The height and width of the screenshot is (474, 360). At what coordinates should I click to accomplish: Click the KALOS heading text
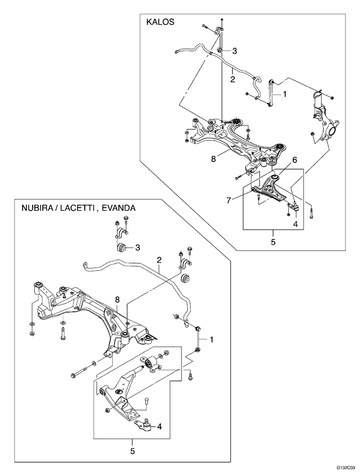coord(160,22)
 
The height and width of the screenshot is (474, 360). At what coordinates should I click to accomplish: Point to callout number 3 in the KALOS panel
coord(235,51)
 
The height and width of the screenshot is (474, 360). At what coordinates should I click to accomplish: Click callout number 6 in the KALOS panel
coord(295,160)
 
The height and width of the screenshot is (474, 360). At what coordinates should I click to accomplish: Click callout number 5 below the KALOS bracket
coord(273,241)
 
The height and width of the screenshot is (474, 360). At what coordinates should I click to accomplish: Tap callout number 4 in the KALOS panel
coord(296,224)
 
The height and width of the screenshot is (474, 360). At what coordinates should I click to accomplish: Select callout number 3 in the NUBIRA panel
coord(138,248)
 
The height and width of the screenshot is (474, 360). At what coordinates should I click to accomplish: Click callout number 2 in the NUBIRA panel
coord(159,260)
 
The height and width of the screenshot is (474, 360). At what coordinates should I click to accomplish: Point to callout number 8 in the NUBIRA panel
coord(117,299)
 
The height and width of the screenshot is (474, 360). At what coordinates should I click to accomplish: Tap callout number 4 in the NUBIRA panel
coord(160,426)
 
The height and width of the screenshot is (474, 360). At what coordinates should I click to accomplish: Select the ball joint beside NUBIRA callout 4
coord(148,426)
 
